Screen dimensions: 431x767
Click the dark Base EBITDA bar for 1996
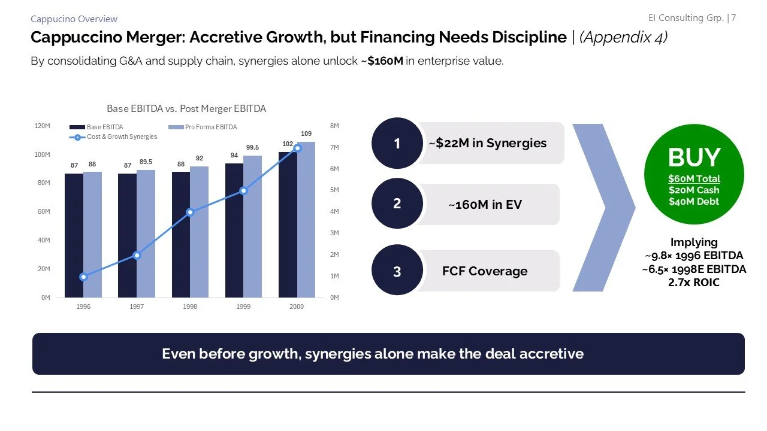pyautogui.click(x=74, y=235)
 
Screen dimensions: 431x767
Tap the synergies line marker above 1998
pyautogui.click(x=190, y=212)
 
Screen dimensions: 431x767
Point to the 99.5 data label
pyautogui.click(x=252, y=147)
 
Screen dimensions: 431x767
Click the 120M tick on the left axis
pyautogui.click(x=42, y=126)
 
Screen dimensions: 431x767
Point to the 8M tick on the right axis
pyautogui.click(x=334, y=126)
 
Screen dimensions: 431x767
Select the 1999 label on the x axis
pyautogui.click(x=243, y=306)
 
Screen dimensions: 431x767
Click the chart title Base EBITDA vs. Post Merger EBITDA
pyautogui.click(x=186, y=109)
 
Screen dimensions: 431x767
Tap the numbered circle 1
pyautogui.click(x=397, y=144)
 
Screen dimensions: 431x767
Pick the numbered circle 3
pyautogui.click(x=397, y=271)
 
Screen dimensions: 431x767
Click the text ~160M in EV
pyautogui.click(x=485, y=205)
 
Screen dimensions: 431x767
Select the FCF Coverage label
pyautogui.click(x=485, y=271)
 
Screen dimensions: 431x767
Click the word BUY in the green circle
pyautogui.click(x=694, y=157)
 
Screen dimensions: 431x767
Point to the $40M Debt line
pyautogui.click(x=694, y=202)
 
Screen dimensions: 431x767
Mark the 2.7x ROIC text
pyautogui.click(x=694, y=282)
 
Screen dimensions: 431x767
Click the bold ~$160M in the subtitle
pyautogui.click(x=382, y=61)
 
